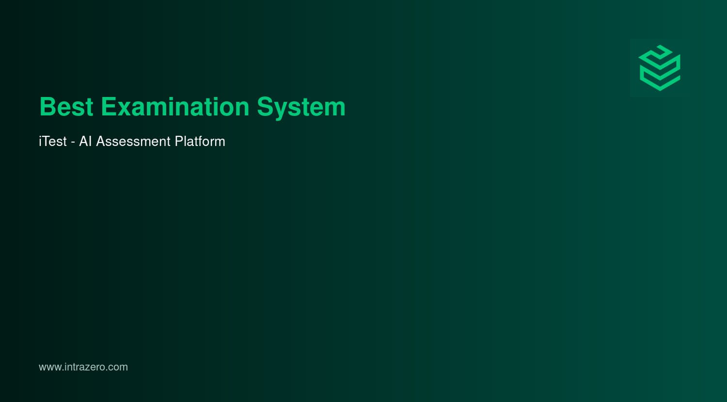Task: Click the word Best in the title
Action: click(x=66, y=107)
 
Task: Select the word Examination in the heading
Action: click(x=175, y=107)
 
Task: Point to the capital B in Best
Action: click(x=47, y=107)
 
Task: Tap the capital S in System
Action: click(x=265, y=107)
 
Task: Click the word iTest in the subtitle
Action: click(x=53, y=141)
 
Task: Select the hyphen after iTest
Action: click(x=73, y=143)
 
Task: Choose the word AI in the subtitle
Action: click(x=85, y=141)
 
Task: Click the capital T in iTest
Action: click(x=46, y=141)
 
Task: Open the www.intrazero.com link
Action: click(x=83, y=367)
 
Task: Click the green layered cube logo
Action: click(x=660, y=68)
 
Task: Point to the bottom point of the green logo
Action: click(x=660, y=89)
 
